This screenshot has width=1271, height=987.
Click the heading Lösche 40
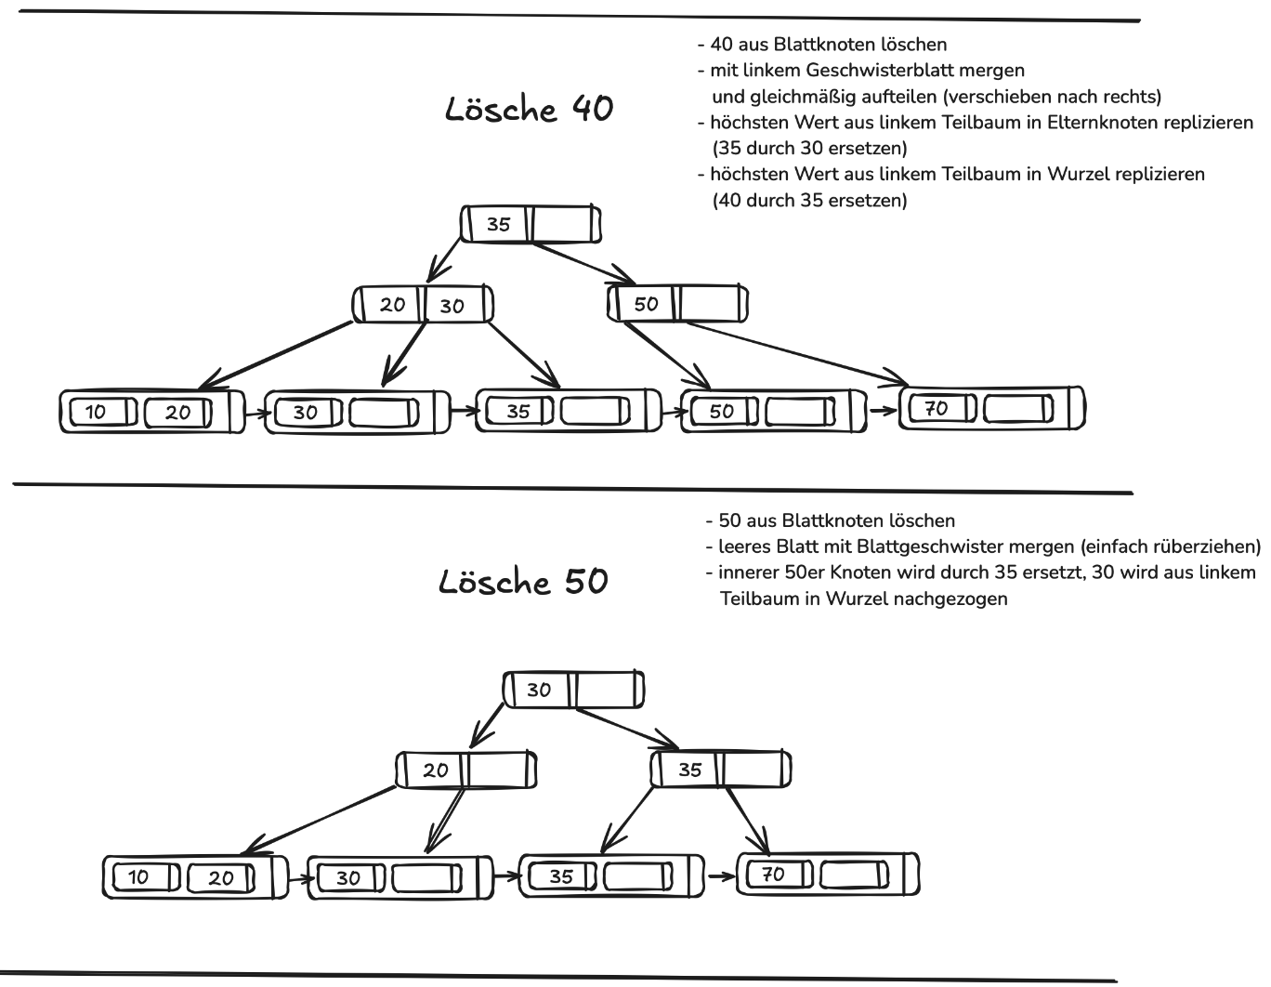click(529, 110)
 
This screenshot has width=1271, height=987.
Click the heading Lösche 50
click(523, 583)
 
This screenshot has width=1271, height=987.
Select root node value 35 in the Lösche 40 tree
click(498, 224)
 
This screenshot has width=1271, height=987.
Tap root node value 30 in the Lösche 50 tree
click(539, 690)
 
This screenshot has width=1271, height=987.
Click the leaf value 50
click(721, 412)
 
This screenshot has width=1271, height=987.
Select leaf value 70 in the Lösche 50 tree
click(772, 874)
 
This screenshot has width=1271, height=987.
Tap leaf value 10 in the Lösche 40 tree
click(96, 413)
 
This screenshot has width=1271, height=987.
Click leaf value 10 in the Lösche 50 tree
click(138, 876)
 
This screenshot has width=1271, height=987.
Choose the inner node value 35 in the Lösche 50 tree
click(689, 770)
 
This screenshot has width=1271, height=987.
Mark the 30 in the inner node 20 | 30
click(452, 306)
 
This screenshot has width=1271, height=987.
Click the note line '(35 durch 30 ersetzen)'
click(809, 148)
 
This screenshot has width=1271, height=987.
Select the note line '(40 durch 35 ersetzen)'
click(809, 200)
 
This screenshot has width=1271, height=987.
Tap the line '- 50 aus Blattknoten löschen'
click(830, 520)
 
